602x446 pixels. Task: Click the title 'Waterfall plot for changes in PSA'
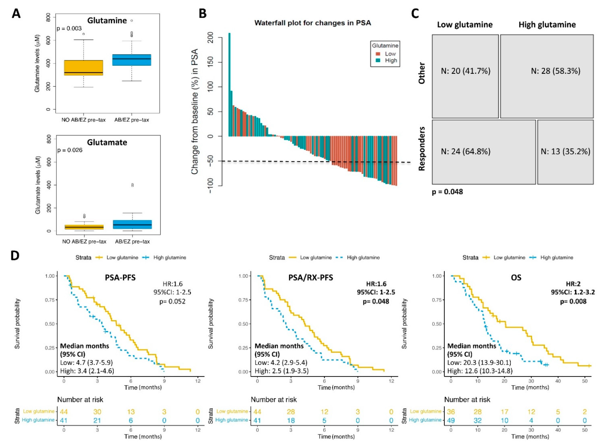pyautogui.click(x=313, y=23)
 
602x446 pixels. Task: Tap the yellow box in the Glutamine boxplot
pyautogui.click(x=83, y=68)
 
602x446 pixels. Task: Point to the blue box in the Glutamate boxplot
pyautogui.click(x=132, y=224)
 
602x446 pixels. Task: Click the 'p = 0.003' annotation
pyautogui.click(x=69, y=28)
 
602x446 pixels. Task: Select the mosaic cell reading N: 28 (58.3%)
pyautogui.click(x=547, y=76)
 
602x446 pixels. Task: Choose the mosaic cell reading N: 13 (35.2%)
pyautogui.click(x=565, y=152)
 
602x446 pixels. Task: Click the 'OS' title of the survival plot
pyautogui.click(x=516, y=277)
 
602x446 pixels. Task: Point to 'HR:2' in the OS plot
pyautogui.click(x=573, y=284)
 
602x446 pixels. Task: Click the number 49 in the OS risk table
pyautogui.click(x=451, y=420)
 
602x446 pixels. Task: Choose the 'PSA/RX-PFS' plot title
pyautogui.click(x=311, y=277)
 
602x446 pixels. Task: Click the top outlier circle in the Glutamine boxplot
pyautogui.click(x=132, y=21)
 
